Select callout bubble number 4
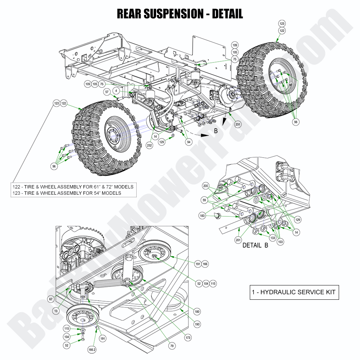point(116,90)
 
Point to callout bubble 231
point(238,124)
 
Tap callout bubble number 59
point(205,200)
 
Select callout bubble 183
point(202,216)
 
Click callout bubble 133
point(273,238)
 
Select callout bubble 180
point(197,312)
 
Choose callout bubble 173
point(188,337)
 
